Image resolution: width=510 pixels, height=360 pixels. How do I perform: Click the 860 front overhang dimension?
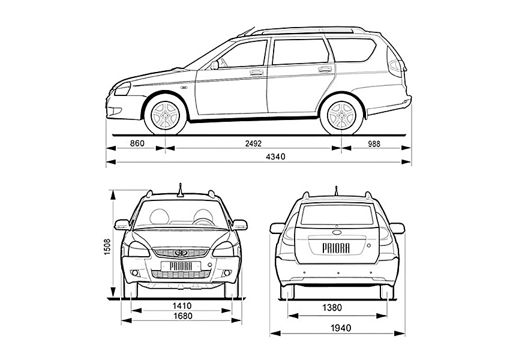(137, 143)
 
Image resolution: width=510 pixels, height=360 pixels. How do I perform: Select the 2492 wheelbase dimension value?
(253, 143)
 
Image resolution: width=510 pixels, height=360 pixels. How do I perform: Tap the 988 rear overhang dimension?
(374, 143)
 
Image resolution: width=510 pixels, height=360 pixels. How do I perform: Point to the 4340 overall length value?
(275, 157)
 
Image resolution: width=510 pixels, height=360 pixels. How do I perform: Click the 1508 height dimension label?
(107, 247)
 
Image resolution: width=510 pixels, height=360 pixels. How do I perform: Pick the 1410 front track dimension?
(182, 305)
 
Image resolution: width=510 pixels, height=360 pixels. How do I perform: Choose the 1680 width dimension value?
(182, 316)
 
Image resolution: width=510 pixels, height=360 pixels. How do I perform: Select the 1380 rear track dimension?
(332, 307)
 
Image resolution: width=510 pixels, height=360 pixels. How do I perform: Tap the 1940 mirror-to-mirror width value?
(341, 328)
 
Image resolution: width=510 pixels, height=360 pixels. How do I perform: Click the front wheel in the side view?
(166, 115)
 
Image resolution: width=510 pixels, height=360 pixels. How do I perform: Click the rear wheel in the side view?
(341, 115)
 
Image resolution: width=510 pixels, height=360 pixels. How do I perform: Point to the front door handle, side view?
(257, 73)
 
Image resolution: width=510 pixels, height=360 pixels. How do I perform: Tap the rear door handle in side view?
(325, 69)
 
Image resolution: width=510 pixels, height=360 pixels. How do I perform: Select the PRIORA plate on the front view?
(181, 266)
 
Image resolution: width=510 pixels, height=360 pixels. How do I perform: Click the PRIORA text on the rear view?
(336, 248)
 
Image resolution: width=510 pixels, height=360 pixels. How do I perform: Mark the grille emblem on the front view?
(181, 253)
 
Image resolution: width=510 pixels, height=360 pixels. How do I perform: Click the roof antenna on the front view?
(180, 191)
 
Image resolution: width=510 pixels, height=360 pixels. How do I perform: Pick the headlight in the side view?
(123, 89)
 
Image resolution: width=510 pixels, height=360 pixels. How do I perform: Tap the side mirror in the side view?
(214, 65)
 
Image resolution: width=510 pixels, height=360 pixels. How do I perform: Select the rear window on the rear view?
(337, 215)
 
